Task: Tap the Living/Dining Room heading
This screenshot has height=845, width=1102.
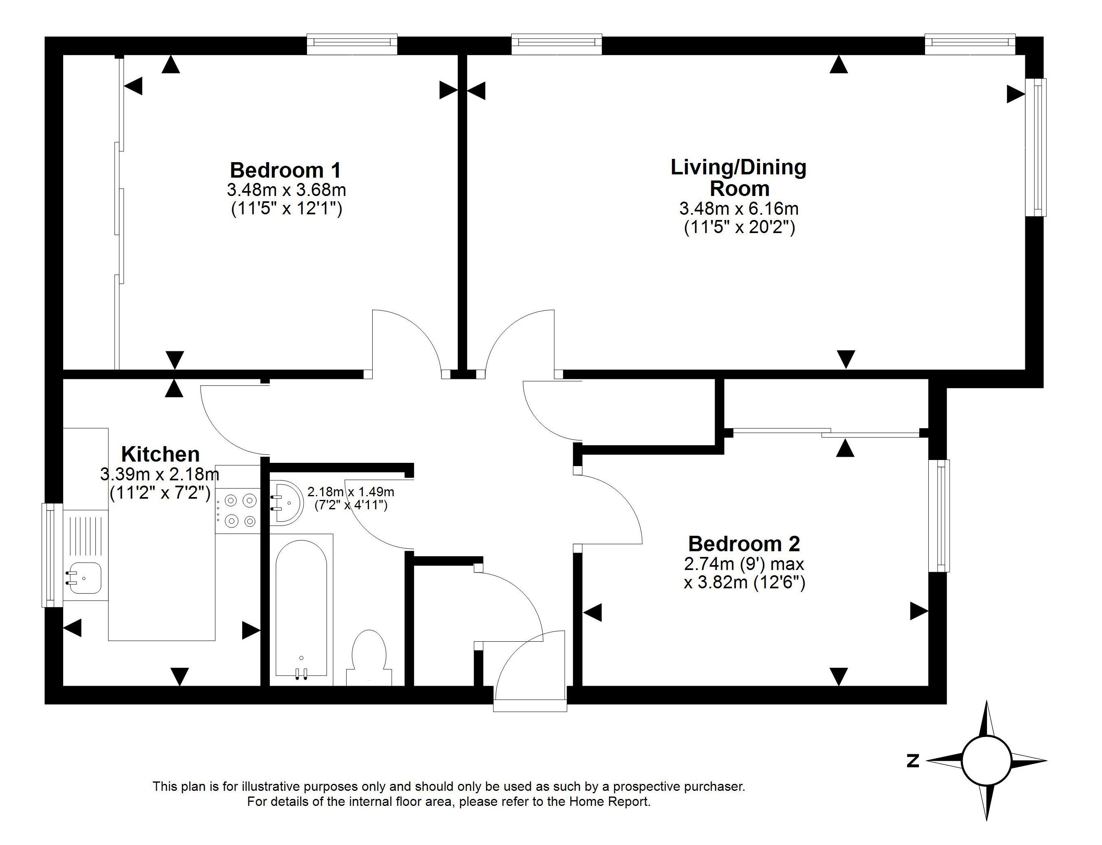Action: tap(739, 178)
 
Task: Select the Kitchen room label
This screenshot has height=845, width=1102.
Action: tap(161, 454)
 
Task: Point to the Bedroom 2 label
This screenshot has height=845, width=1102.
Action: tap(744, 544)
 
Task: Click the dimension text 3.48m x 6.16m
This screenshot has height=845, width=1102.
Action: tap(739, 208)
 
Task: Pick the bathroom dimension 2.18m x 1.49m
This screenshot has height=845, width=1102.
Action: tap(351, 491)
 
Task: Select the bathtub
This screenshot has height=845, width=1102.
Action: tap(301, 610)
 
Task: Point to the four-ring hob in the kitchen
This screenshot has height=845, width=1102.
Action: tap(238, 511)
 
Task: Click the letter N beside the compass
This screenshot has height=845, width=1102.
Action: tap(912, 761)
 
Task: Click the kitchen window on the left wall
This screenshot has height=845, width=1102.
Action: tap(50, 555)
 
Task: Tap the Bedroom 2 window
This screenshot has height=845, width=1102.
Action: tap(939, 515)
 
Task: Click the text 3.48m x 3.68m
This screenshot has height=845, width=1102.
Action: tap(286, 190)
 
